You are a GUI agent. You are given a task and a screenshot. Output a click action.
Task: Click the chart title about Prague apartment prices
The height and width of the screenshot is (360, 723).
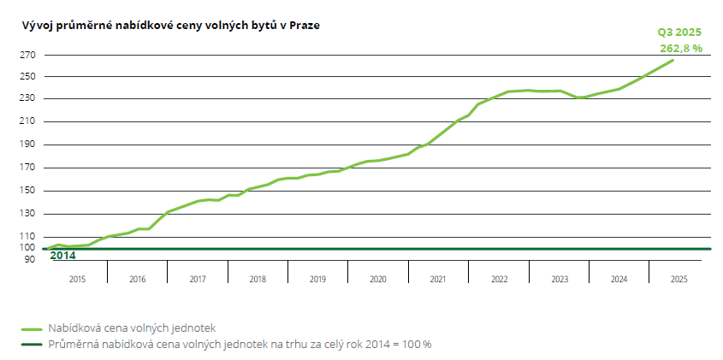171,26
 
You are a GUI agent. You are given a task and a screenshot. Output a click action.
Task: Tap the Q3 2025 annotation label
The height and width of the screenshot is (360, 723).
679,32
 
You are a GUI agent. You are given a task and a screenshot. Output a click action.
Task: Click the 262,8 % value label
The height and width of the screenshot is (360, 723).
681,48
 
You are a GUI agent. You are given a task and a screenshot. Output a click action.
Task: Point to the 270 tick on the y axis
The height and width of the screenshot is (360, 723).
28,56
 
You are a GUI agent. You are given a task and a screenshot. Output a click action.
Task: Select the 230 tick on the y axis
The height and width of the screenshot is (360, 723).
28,98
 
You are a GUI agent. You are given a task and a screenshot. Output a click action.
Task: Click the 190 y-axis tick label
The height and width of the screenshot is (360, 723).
28,145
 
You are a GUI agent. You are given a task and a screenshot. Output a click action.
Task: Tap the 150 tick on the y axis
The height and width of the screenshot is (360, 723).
28,191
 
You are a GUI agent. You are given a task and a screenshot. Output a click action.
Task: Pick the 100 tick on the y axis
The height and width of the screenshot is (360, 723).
28,248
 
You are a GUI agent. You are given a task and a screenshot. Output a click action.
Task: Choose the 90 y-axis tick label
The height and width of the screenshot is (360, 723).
30,258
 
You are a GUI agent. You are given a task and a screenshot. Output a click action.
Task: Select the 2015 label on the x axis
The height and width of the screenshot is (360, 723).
77,279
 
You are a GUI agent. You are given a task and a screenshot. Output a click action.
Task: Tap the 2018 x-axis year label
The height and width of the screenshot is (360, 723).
258,279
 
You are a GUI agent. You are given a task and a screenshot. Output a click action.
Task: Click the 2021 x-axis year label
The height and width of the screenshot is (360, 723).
438,279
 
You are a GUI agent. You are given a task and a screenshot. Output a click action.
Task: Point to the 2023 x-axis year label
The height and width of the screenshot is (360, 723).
559,279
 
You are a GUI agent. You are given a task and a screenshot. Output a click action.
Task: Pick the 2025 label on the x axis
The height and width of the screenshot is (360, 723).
679,279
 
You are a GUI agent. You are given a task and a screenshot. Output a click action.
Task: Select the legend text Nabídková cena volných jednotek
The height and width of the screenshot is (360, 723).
131,328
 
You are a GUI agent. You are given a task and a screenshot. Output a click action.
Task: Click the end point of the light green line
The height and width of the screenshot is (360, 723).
673,60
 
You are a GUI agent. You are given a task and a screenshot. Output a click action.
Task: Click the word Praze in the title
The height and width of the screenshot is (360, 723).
305,26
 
